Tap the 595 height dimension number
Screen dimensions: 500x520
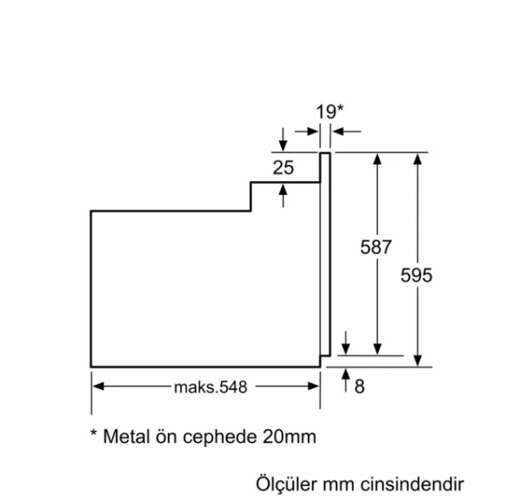pos(417,275)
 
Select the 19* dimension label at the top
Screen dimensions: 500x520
pos(329,111)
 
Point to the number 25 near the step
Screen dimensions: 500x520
pos(283,168)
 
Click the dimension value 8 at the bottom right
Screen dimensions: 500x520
pos(360,386)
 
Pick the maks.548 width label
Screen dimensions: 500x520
pos(210,387)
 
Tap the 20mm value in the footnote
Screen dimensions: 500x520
pos(288,437)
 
